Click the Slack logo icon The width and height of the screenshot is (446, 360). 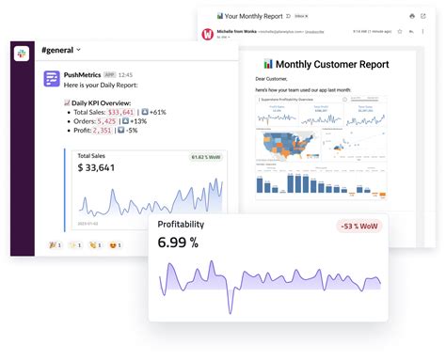(22, 55)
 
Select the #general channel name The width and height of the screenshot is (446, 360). (58, 49)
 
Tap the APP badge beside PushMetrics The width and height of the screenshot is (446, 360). (110, 73)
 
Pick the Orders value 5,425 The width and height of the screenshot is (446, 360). (105, 121)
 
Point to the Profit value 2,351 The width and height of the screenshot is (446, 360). (103, 131)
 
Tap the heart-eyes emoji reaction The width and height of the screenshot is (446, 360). (115, 244)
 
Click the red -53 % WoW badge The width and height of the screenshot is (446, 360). (358, 226)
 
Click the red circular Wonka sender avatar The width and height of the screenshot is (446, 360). (208, 34)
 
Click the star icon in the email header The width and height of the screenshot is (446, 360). (398, 31)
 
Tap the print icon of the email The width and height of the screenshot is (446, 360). (411, 16)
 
